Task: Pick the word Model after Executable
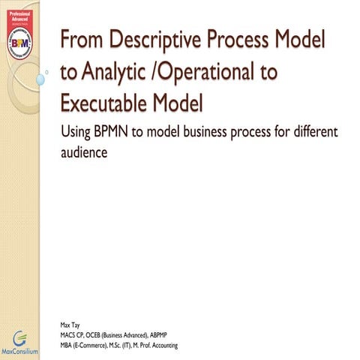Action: (x=181, y=103)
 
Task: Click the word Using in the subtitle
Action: (x=73, y=133)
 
